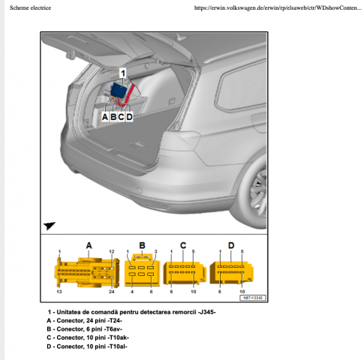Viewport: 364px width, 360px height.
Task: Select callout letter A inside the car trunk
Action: coord(104,116)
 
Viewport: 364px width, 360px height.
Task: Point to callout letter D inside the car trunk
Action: coord(129,116)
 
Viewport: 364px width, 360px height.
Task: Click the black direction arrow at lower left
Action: coord(50,224)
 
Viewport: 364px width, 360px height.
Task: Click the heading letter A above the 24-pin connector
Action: coord(89,245)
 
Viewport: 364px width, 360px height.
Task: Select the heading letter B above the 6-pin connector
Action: coord(141,245)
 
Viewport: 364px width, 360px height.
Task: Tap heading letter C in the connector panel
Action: coord(182,245)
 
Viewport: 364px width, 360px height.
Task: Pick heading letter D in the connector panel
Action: coord(230,245)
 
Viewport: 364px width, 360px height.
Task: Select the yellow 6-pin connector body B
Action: coord(142,271)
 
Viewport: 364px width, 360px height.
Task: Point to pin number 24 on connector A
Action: coord(111,291)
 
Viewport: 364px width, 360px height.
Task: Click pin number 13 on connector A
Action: coord(59,291)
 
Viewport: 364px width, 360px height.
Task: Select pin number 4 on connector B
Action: coord(132,291)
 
